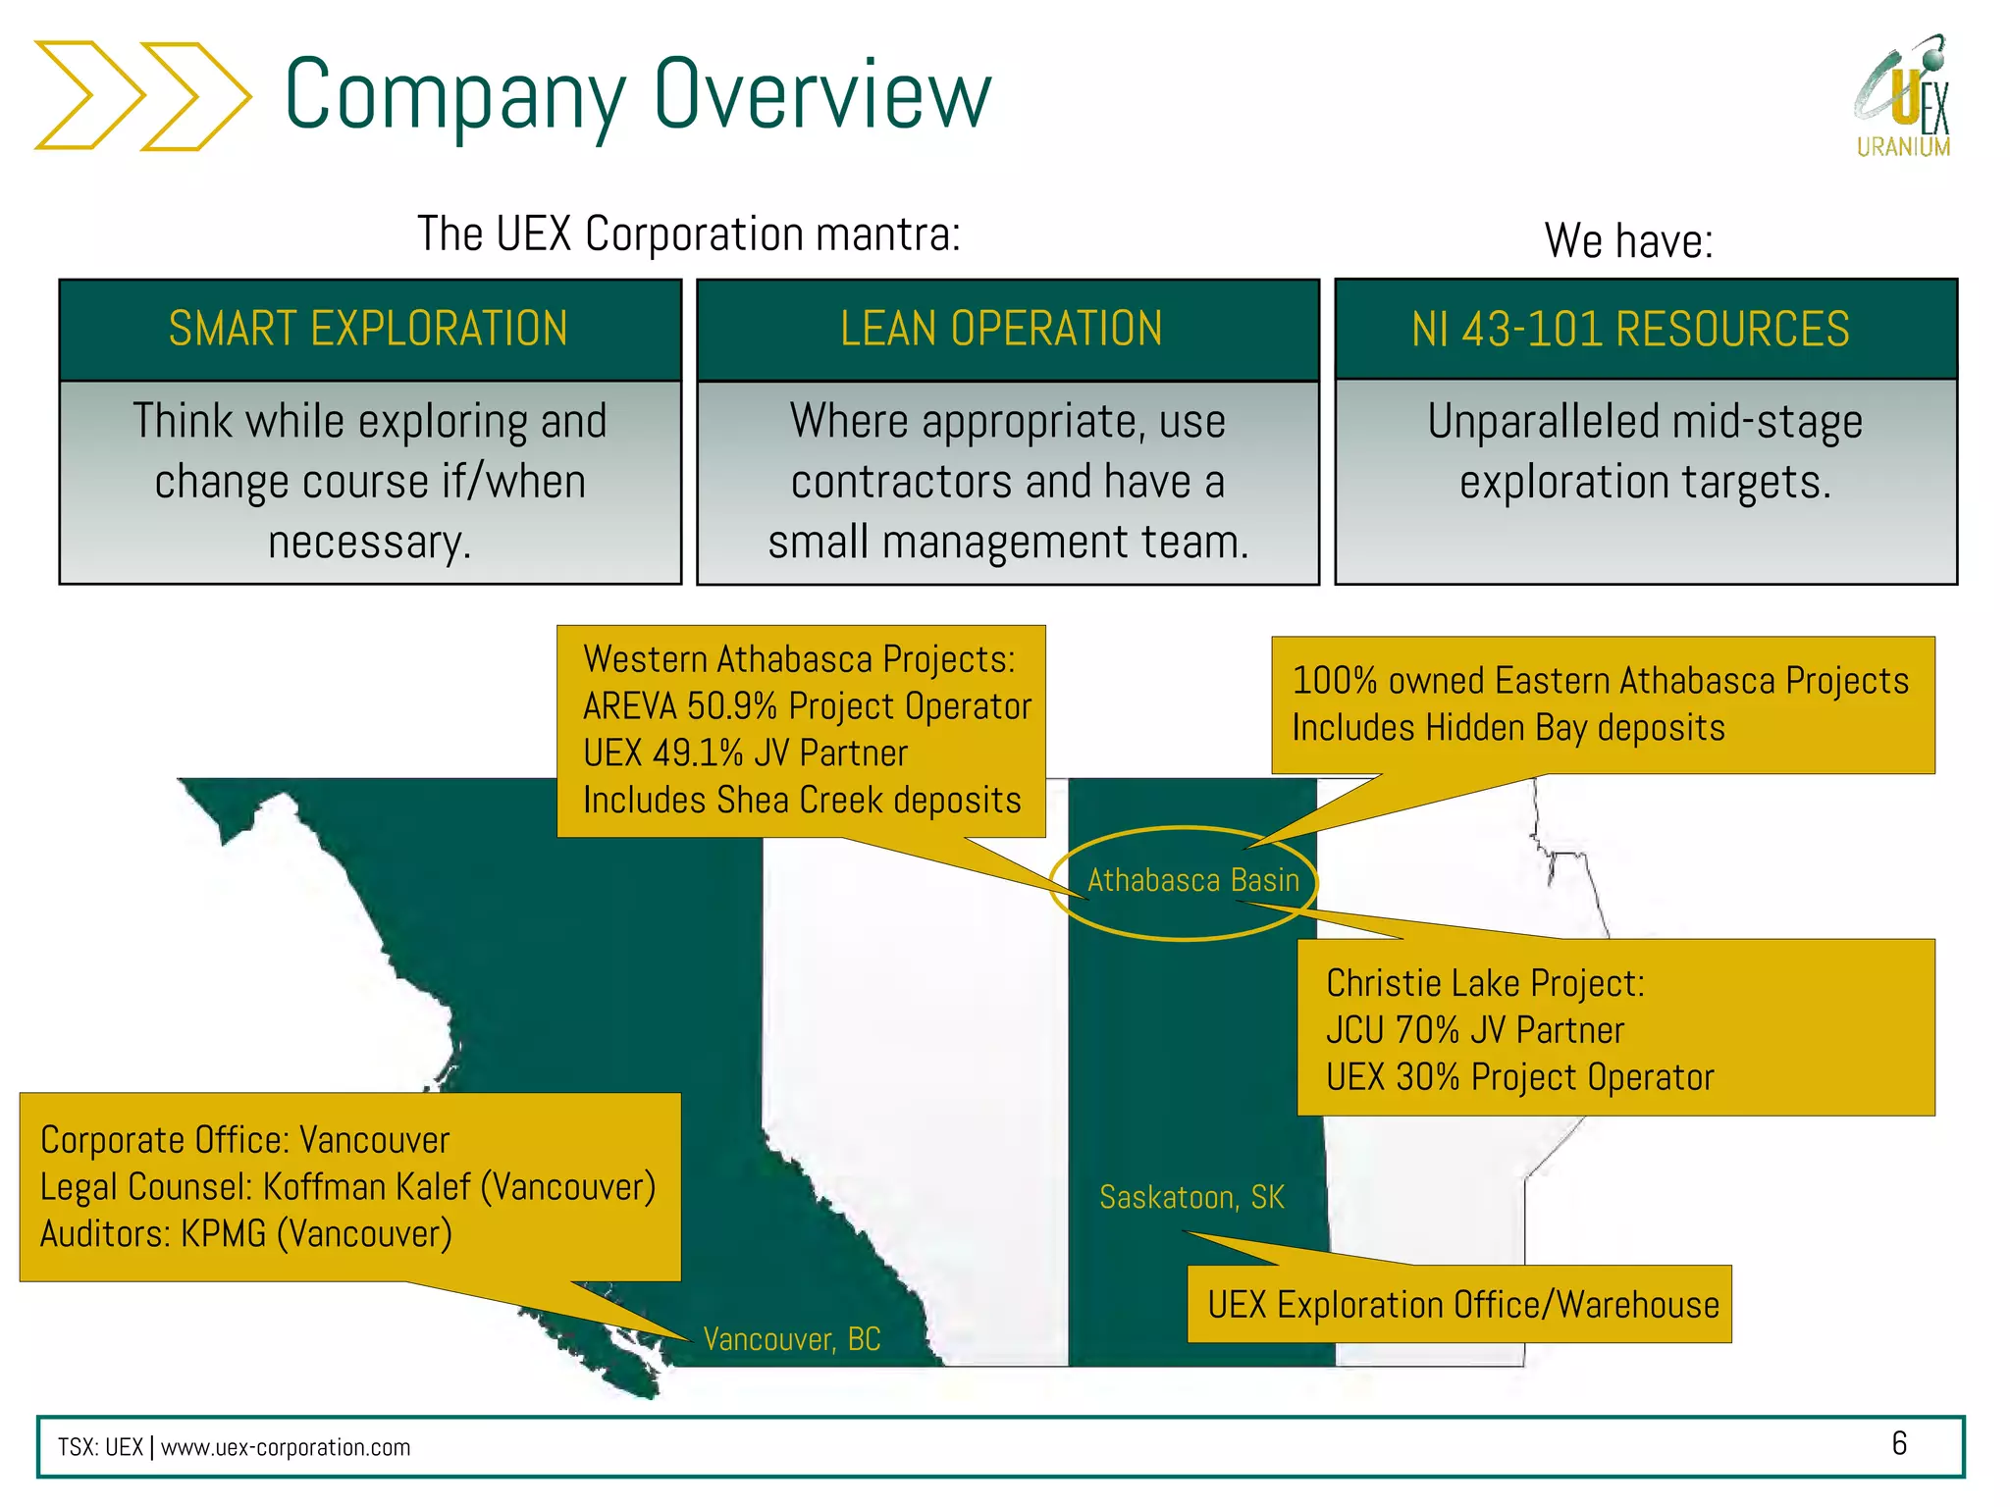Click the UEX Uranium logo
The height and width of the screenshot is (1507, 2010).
coord(1902,98)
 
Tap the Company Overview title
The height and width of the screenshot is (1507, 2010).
coord(638,94)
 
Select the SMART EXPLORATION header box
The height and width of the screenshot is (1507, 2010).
coord(369,329)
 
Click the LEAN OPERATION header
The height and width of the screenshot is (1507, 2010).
coord(1002,329)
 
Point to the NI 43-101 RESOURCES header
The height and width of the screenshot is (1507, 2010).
coord(1630,329)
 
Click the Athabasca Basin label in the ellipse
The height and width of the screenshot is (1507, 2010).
coord(1192,881)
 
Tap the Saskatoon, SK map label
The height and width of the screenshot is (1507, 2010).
coord(1191,1198)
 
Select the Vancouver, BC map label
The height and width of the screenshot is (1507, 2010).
coord(791,1339)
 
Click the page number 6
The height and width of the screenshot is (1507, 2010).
coord(1898,1443)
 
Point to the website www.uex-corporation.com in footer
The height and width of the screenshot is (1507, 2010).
coord(286,1448)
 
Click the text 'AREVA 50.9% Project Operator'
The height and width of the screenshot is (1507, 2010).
coord(807,706)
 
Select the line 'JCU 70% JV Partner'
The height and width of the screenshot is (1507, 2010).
coord(1474,1030)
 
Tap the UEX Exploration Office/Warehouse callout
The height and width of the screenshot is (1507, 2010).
coord(1462,1306)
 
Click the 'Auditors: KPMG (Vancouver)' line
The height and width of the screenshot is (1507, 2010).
coord(246,1234)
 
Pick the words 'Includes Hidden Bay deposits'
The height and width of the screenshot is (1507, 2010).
coord(1507,728)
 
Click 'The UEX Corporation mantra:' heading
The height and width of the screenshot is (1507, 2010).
coord(689,234)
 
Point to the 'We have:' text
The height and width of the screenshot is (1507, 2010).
coord(1628,240)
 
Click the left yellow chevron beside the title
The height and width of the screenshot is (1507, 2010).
coord(88,95)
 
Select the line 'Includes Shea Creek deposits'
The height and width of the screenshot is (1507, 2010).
coord(802,801)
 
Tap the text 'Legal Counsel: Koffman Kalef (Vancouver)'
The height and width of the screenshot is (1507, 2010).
coord(347,1187)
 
